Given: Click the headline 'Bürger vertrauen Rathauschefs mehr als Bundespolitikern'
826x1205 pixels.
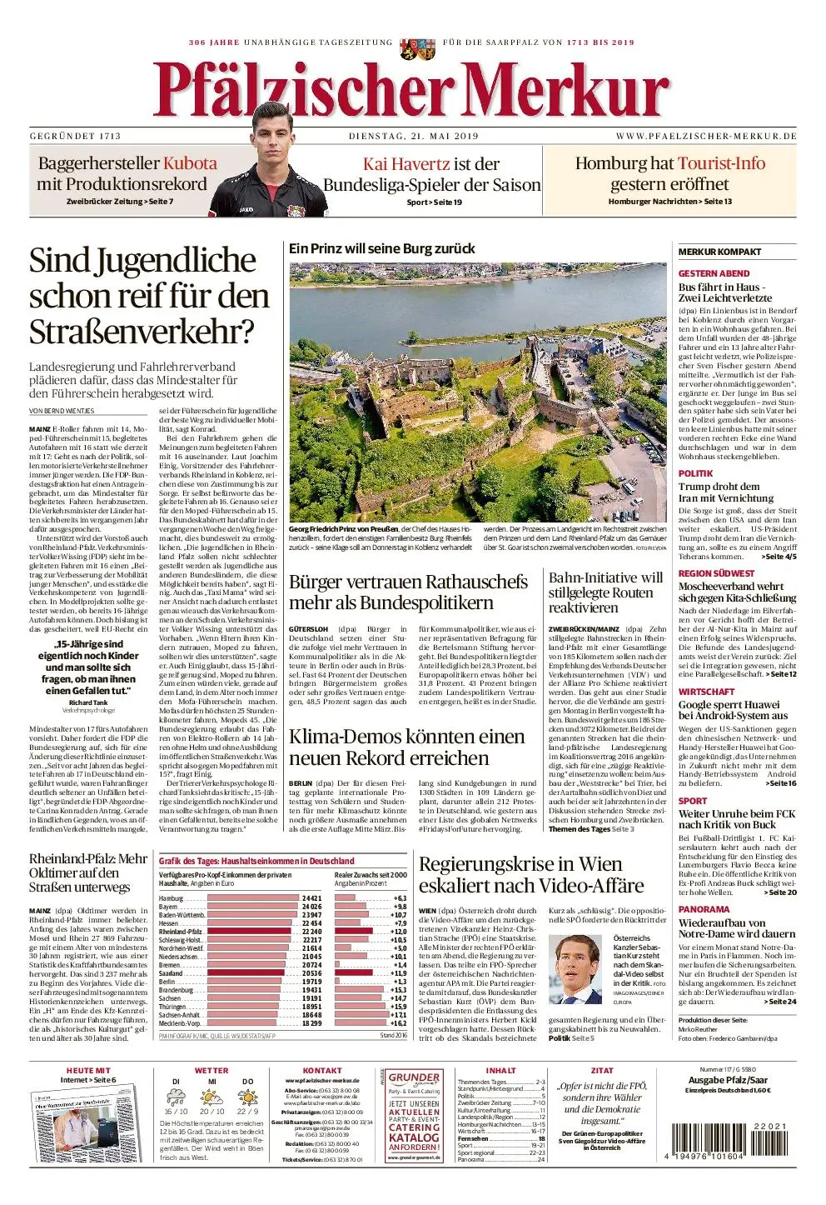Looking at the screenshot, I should pos(408,592).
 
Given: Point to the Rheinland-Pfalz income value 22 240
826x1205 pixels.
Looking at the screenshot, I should pos(311,932).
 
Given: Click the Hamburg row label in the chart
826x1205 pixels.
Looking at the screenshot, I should pos(171,898).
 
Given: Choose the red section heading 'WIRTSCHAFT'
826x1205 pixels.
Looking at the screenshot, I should pos(706,692).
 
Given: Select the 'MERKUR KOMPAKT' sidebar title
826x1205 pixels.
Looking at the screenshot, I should pos(719,252).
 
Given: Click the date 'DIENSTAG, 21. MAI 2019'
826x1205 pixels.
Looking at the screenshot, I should pos(413,136).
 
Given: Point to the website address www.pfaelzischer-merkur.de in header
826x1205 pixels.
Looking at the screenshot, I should pos(706,136).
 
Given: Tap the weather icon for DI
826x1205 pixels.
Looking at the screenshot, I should pos(177,1097).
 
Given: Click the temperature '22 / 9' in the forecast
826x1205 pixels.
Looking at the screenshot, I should pos(247,1111).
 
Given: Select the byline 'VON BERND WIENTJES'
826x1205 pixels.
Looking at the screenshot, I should pos(62,411).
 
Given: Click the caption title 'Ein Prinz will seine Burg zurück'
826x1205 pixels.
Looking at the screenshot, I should pos(381,248).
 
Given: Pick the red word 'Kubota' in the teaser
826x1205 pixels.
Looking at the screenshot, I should pos(190,163).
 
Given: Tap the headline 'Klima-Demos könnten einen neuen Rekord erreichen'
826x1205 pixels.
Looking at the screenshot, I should pos(406,747).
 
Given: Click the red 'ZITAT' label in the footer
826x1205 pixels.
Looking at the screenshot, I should pos(602,1071).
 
